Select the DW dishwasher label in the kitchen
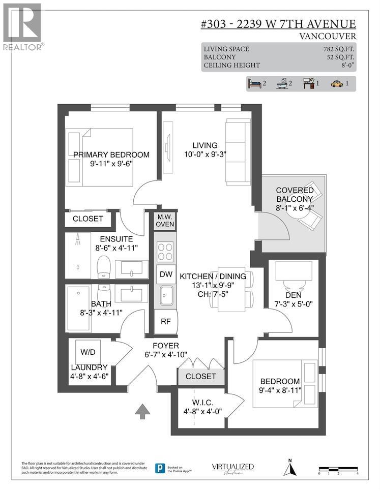(x=165, y=274)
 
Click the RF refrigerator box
(x=165, y=321)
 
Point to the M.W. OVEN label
(x=165, y=221)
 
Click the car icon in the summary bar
(x=337, y=84)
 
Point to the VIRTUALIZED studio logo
(x=232, y=468)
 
